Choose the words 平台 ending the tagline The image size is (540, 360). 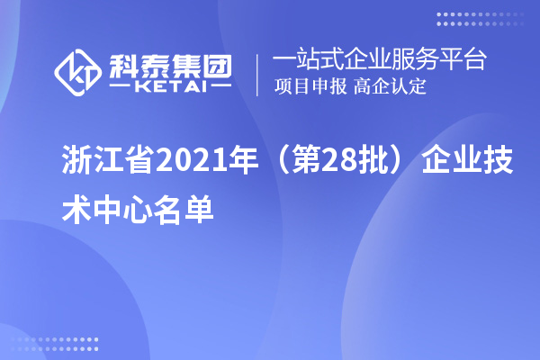[x=465, y=60]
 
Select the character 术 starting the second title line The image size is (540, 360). [x=76, y=207]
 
